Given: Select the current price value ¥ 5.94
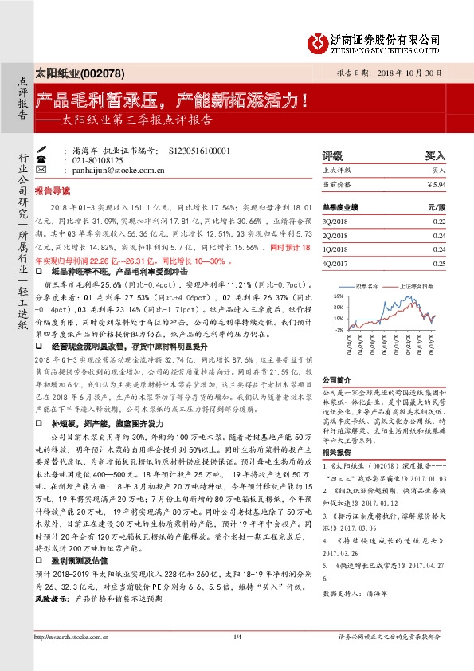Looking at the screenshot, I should [437, 184].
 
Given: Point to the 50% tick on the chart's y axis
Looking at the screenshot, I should [338, 295].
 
